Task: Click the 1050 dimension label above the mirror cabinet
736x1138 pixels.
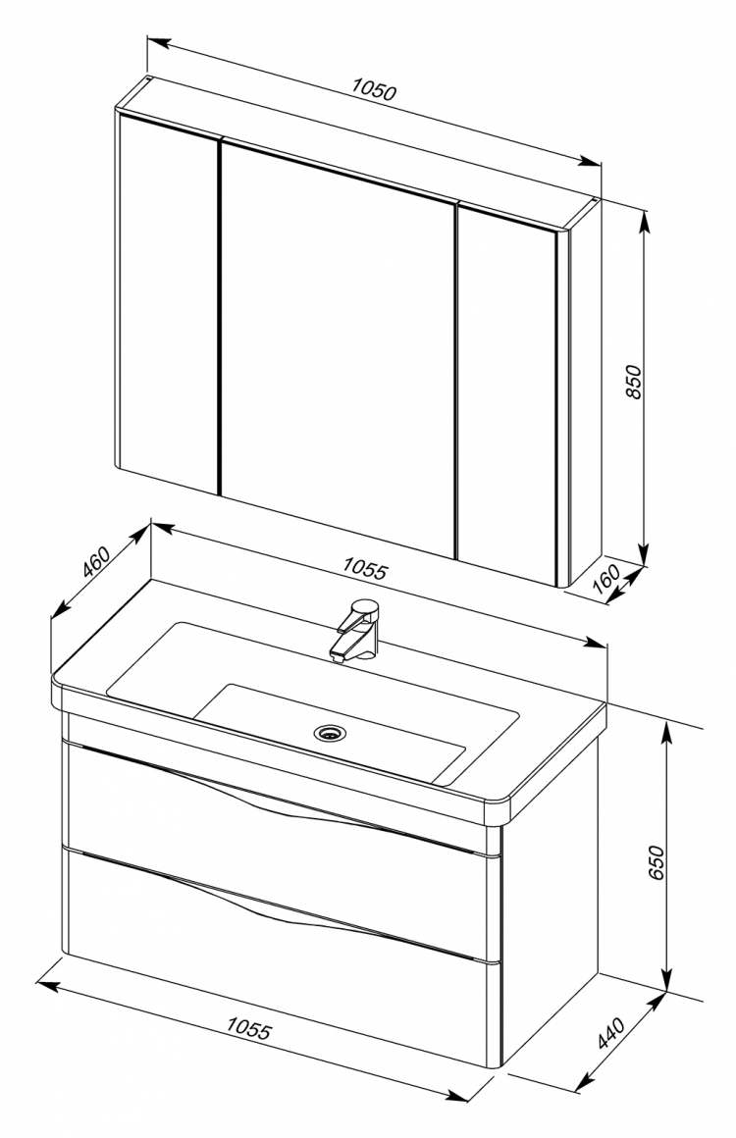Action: pyautogui.click(x=375, y=91)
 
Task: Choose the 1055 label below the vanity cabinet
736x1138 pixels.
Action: pyautogui.click(x=249, y=1028)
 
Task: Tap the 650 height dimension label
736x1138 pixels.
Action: pyautogui.click(x=656, y=862)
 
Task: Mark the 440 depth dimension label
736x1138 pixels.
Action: pyautogui.click(x=610, y=1033)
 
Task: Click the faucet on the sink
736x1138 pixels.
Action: pyautogui.click(x=355, y=629)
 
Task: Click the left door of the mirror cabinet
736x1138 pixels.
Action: pyautogui.click(x=168, y=304)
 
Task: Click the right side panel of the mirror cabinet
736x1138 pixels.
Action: pyautogui.click(x=584, y=391)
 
